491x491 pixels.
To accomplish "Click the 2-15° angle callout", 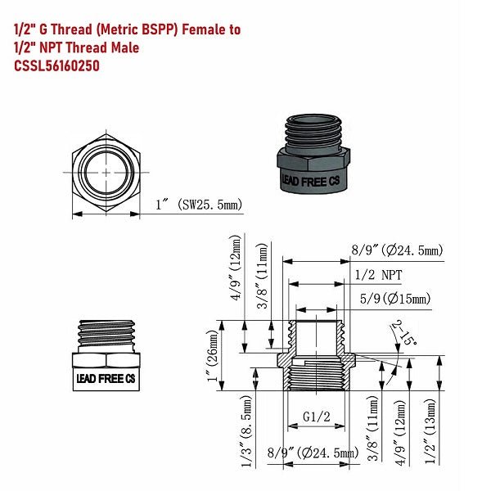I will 403,333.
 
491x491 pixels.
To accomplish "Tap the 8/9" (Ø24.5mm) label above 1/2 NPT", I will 396,250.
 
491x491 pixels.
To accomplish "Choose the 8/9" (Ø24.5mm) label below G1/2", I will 313,452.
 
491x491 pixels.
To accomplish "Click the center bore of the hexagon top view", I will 106,171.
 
